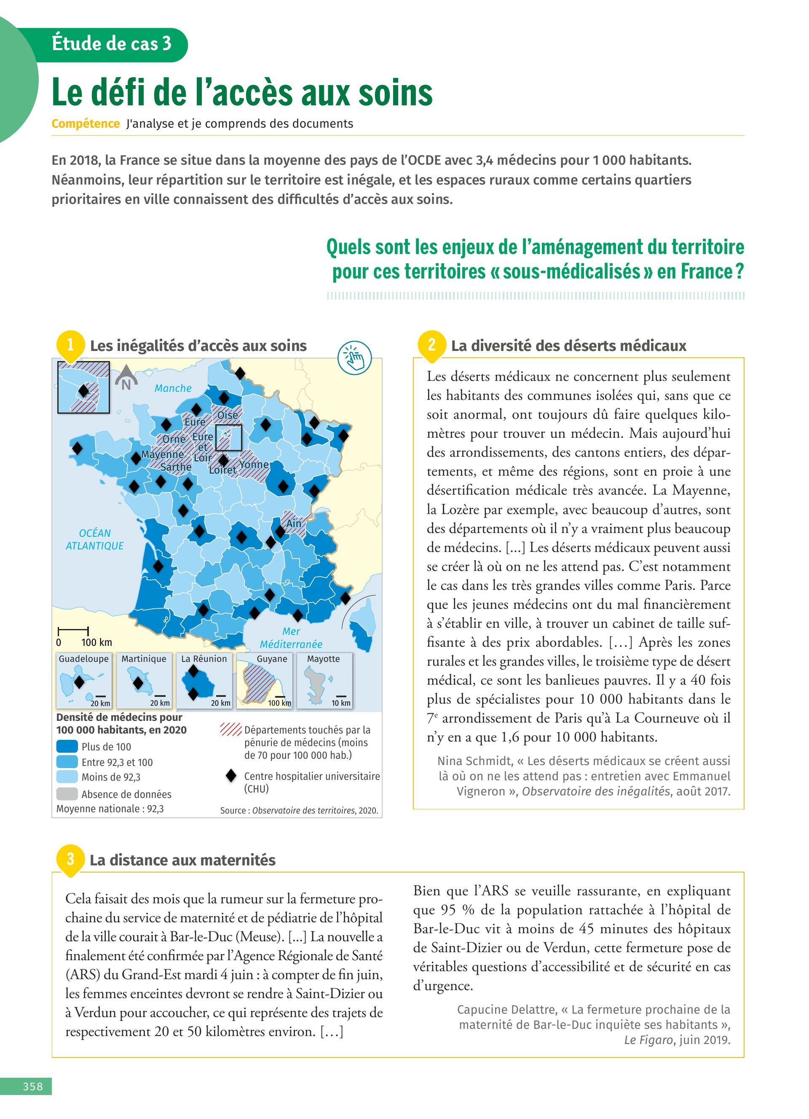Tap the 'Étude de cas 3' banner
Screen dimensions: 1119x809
112,44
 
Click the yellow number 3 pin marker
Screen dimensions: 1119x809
70,859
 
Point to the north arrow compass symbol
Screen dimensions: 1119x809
126,378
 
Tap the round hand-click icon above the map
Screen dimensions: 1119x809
354,357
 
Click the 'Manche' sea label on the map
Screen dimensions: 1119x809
173,388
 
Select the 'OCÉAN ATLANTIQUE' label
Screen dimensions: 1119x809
95,539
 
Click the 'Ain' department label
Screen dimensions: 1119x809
294,523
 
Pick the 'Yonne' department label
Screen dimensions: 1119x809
254,465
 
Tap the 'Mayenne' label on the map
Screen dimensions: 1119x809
162,454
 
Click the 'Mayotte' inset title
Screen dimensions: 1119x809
323,659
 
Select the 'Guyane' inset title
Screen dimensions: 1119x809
271,659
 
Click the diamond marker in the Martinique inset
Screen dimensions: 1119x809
139,683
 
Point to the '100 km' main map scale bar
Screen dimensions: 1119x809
73,631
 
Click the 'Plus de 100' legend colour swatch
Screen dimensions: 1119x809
67,747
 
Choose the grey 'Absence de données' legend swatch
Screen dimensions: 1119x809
67,794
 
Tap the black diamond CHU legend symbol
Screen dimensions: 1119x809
231,776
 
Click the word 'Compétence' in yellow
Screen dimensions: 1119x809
86,123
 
